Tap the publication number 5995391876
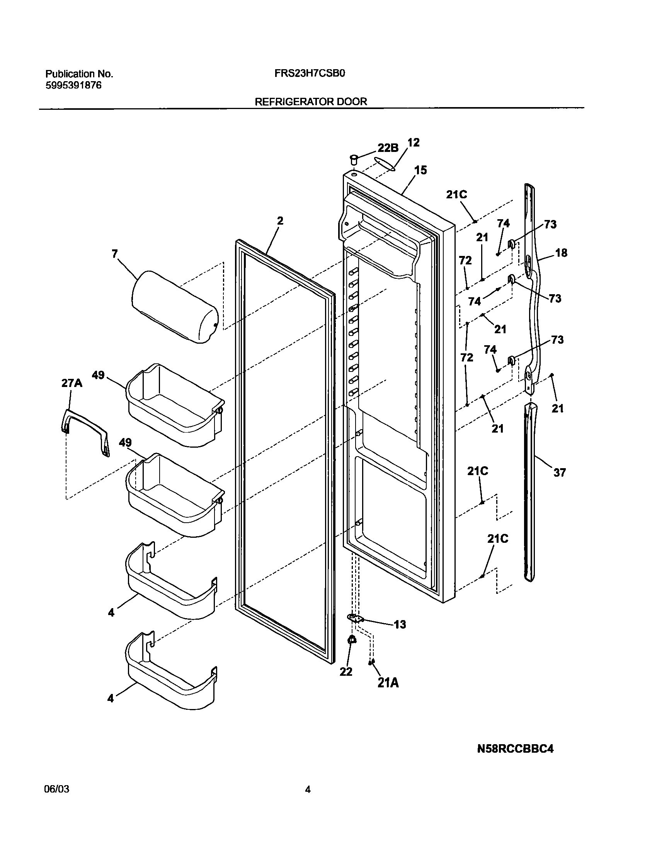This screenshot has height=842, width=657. tap(73, 85)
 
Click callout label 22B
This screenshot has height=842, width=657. tap(388, 147)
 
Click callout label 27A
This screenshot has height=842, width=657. tap(72, 383)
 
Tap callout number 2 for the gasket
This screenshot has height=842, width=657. tap(280, 221)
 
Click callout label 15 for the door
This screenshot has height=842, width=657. tap(420, 170)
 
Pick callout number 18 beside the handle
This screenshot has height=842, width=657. tap(561, 253)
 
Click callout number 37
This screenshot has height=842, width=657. tap(559, 472)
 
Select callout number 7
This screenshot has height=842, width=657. tap(114, 254)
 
